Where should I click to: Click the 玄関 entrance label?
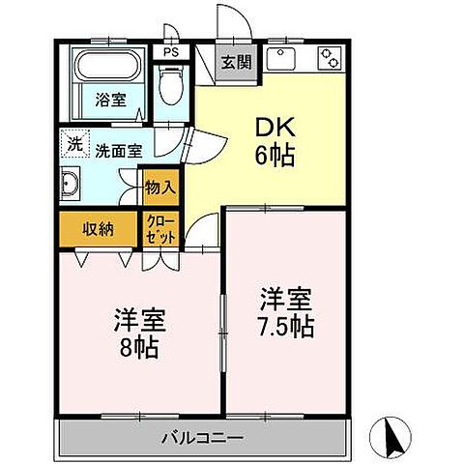(234, 64)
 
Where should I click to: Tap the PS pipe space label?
(171, 54)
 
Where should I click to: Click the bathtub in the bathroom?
(109, 69)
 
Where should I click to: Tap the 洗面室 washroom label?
(119, 150)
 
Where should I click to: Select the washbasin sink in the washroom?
(72, 184)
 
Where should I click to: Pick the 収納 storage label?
(98, 229)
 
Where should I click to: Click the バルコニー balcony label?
(202, 438)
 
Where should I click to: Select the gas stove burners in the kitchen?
(330, 58)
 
